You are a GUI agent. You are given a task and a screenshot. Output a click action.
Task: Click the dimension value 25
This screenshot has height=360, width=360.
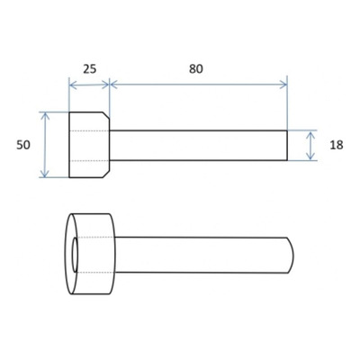point(90,69)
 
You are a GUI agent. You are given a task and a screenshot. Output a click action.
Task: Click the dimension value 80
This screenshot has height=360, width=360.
point(196,69)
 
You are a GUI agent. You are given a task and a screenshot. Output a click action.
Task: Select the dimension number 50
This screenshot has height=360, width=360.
point(23,145)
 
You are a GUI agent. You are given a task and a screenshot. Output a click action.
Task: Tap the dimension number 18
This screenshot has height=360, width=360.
point(337,145)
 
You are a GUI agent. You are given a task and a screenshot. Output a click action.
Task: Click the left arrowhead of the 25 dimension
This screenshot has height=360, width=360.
point(72,85)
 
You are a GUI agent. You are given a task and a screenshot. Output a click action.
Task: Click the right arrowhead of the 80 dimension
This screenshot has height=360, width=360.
point(283,85)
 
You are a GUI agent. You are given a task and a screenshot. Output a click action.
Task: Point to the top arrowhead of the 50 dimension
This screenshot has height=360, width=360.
point(45,115)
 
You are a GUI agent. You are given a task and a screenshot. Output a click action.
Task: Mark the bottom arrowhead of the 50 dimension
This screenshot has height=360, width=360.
point(45,174)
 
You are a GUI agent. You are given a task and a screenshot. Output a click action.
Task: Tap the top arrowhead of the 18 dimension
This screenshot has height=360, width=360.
point(311,134)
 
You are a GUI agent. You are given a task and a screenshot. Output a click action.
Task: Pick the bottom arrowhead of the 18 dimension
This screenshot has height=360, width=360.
point(311,157)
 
